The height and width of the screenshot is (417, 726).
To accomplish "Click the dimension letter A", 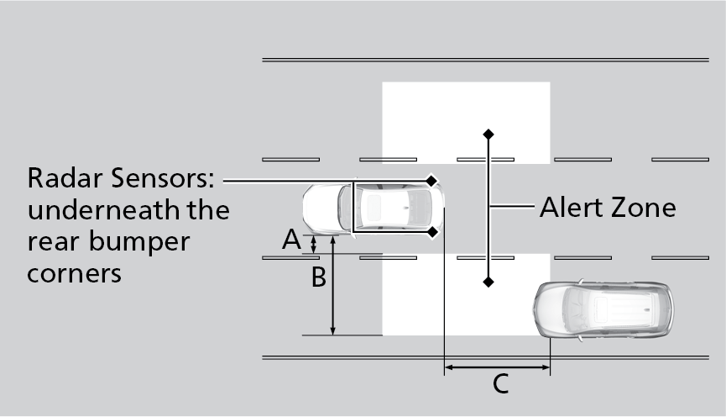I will coord(291,240).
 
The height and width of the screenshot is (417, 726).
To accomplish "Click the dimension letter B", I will coord(318,277).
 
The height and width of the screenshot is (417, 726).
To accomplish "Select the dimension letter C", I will coord(499,384).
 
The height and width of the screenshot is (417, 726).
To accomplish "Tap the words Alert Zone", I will coord(608,207).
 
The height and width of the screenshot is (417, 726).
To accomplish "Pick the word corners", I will coord(75,274).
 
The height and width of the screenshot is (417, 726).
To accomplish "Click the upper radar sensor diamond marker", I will coord(431,180).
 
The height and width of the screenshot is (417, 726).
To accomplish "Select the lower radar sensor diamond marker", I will coord(431,231).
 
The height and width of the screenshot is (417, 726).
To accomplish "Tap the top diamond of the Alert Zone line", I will coord(488,134).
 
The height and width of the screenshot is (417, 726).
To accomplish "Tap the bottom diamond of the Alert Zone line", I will coord(488,282).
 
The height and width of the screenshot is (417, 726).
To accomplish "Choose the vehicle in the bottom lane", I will coord(603,308).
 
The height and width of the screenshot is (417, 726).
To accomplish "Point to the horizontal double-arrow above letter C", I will coord(497,367).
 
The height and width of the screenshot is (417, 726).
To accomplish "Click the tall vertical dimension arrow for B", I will coord(333,286).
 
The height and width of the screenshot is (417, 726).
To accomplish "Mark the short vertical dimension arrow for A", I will coord(314,245).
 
